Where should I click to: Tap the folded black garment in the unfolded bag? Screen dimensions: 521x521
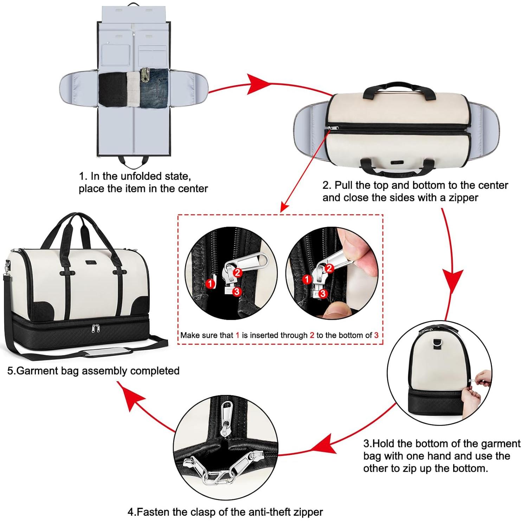tap(112, 89)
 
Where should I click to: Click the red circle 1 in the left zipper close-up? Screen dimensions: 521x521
tap(210, 283)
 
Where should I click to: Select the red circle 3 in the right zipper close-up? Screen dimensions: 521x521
tap(323, 293)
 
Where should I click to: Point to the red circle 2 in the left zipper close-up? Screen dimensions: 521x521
tap(238, 272)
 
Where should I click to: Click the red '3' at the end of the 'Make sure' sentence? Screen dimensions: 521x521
tap(376, 335)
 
